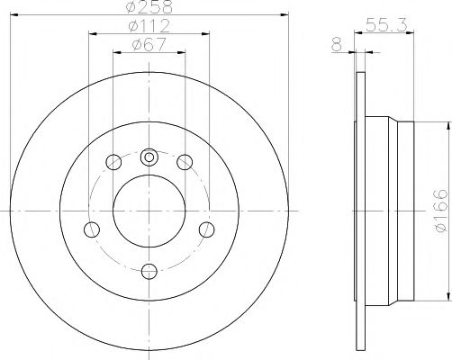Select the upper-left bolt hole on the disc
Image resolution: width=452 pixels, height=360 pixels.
point(113,162)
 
